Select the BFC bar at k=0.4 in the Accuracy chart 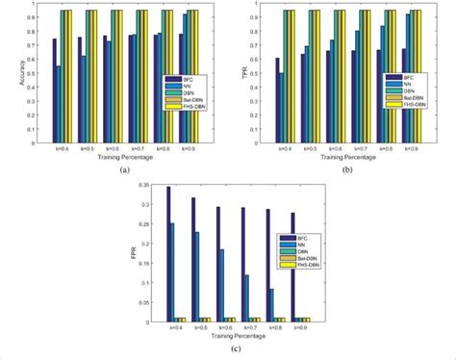pos(55,90)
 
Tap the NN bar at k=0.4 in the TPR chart pos(281,107)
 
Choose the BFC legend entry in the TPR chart pos(405,76)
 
